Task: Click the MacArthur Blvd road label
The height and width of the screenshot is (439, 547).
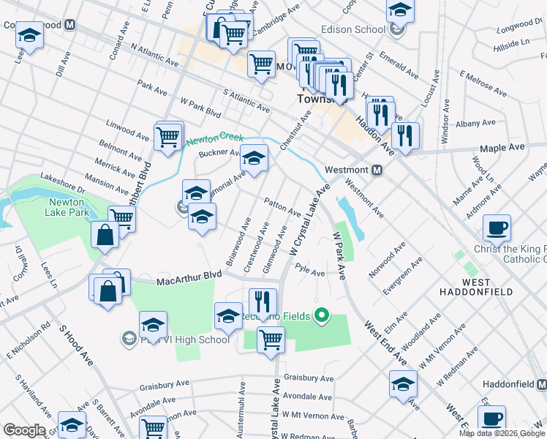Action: pyautogui.click(x=189, y=275)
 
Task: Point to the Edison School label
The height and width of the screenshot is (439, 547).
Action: pyautogui.click(x=353, y=30)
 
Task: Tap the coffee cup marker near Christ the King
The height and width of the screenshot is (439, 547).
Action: pyautogui.click(x=497, y=228)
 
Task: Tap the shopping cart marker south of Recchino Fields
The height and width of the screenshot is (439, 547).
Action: pyautogui.click(x=271, y=339)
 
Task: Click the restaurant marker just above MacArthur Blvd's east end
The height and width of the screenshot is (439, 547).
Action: pyautogui.click(x=263, y=301)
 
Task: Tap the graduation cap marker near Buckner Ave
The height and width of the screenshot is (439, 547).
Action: pyautogui.click(x=254, y=158)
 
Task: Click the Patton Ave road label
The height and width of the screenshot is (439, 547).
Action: pyautogui.click(x=282, y=206)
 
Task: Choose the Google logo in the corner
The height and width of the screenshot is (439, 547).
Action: pyautogui.click(x=24, y=430)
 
